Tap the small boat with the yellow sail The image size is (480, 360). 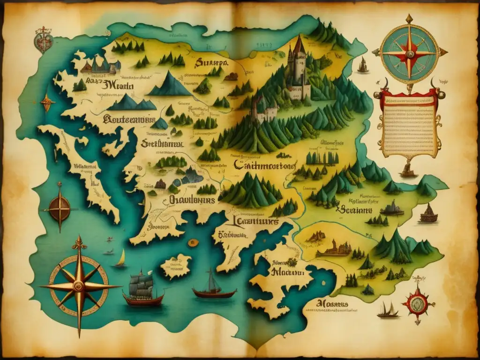(121, 259)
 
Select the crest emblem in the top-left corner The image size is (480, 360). (43, 40)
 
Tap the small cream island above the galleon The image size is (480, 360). (176, 266)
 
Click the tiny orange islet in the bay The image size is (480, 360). (192, 243)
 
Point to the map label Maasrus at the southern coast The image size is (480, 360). (332, 304)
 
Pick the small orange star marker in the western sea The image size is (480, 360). (46, 102)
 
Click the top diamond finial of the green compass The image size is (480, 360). (409, 19)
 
